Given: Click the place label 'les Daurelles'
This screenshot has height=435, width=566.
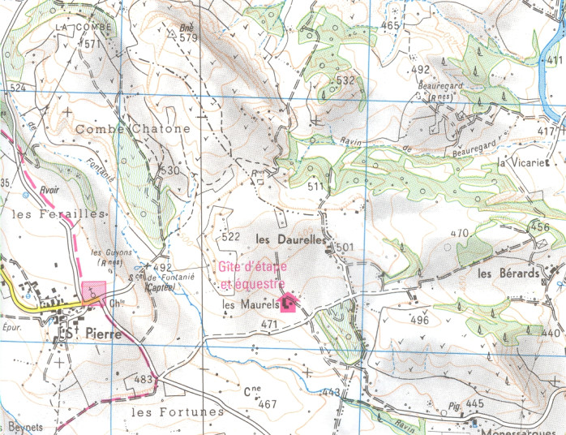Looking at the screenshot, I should [x=289, y=240].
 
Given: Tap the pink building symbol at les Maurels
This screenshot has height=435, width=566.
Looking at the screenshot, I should [x=288, y=304].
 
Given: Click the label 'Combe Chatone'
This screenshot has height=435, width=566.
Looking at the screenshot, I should [x=133, y=129].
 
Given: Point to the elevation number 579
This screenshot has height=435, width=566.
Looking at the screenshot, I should [x=188, y=37].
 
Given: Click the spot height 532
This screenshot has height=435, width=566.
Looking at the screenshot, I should [x=345, y=80].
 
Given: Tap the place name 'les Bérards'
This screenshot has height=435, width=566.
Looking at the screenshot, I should [x=508, y=273].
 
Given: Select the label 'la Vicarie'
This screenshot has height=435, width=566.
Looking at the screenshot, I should [x=524, y=164].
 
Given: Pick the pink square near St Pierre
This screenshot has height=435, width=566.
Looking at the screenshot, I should [x=94, y=291].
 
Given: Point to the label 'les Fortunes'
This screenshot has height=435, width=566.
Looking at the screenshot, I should [x=177, y=411].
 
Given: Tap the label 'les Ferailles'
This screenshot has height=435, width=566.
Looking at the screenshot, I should [x=60, y=213].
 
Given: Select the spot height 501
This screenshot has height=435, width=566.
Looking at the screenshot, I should [x=345, y=247].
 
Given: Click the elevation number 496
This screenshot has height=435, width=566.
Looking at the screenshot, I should [x=419, y=320].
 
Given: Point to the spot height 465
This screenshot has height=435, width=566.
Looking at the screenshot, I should [x=390, y=26].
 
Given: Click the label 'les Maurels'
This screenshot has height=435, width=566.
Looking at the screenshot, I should [x=250, y=305].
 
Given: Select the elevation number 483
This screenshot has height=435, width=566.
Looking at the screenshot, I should [x=144, y=379].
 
